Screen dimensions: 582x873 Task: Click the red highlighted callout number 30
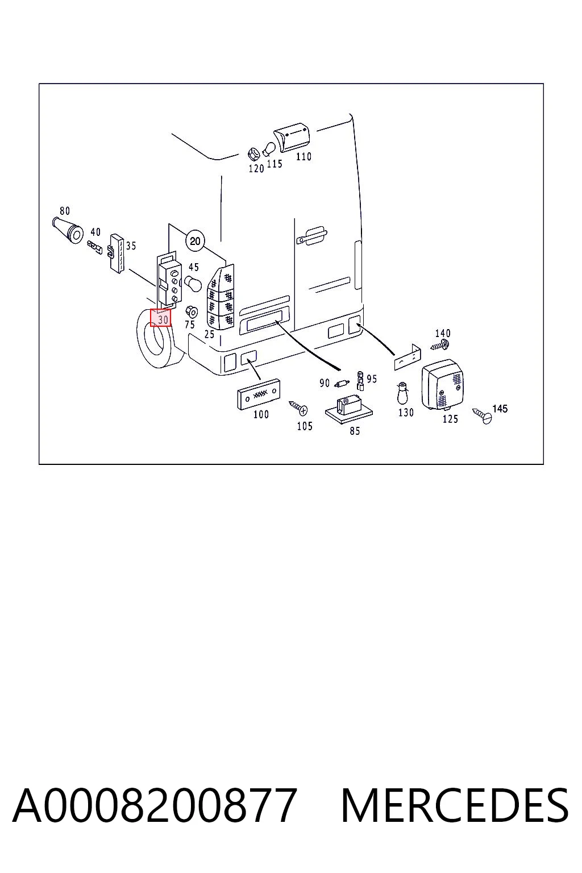tap(161, 318)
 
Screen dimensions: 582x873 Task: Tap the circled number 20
tap(196, 241)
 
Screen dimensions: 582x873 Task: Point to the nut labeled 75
tap(191, 312)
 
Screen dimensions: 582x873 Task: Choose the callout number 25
tap(209, 334)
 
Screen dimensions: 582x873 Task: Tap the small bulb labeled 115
tap(269, 149)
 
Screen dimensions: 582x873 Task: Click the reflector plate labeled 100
tap(259, 394)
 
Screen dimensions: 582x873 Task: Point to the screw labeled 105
tap(298, 408)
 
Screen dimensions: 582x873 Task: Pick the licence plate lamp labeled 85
tap(348, 409)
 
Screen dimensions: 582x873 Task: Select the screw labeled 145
tap(482, 416)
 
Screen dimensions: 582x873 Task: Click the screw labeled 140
tap(439, 345)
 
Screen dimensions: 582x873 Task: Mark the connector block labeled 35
tap(116, 253)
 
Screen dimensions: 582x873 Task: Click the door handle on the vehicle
tap(311, 235)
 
